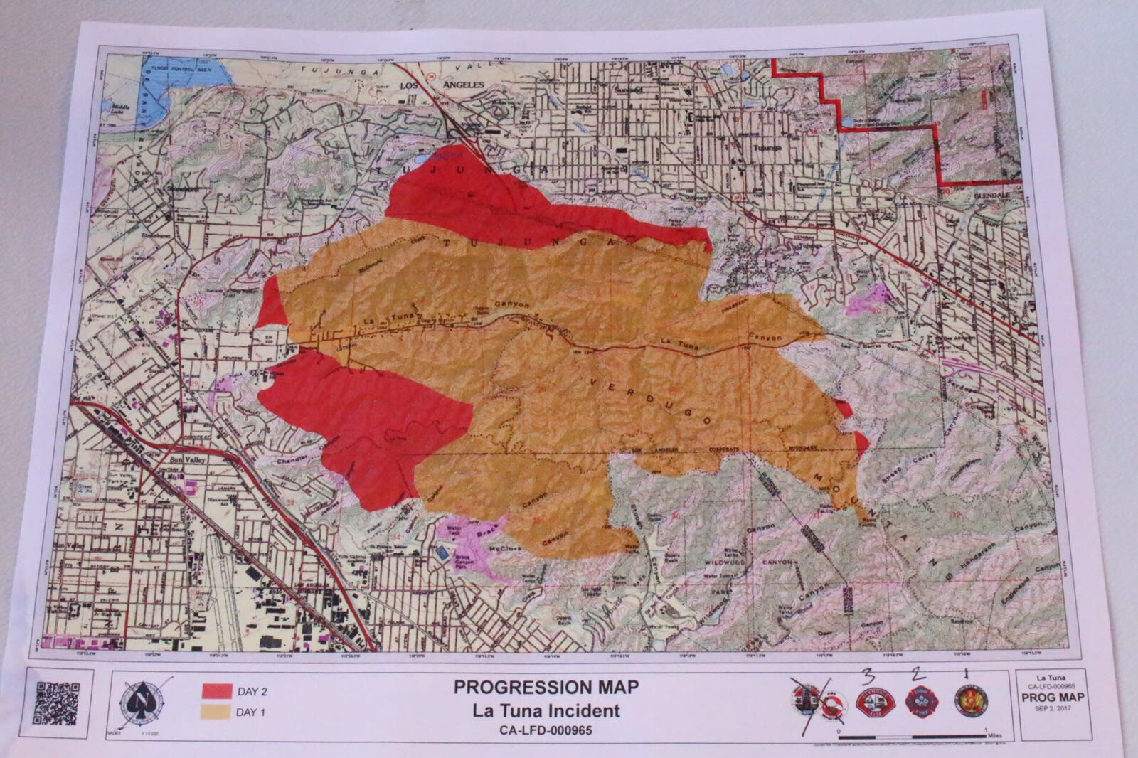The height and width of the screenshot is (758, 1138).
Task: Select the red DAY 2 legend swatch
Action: (x=218, y=690)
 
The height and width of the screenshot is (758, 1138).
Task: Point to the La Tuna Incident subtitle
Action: (x=547, y=710)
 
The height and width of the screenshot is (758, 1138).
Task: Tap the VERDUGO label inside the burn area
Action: (x=652, y=402)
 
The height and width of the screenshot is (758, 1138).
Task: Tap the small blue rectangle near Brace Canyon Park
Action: (x=444, y=552)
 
